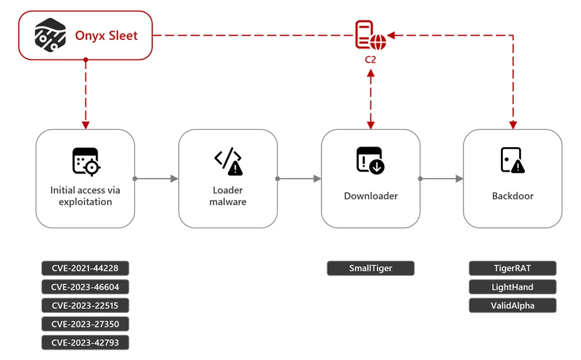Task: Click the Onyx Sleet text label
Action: pos(107,35)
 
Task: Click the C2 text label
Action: pos(371,59)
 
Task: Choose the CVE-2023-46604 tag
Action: pos(85,287)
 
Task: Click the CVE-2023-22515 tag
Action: pos(85,306)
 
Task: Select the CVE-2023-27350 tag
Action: pos(85,324)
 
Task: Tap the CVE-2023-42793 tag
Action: pos(85,343)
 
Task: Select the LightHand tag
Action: pos(513,287)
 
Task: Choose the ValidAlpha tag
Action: pos(513,306)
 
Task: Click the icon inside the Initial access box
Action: pos(86,161)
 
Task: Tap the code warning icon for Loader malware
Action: pos(229,161)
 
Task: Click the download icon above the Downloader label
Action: pos(371,161)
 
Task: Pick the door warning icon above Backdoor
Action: pos(513,161)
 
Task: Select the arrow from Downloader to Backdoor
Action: pos(442,179)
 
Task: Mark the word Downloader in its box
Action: pos(371,196)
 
